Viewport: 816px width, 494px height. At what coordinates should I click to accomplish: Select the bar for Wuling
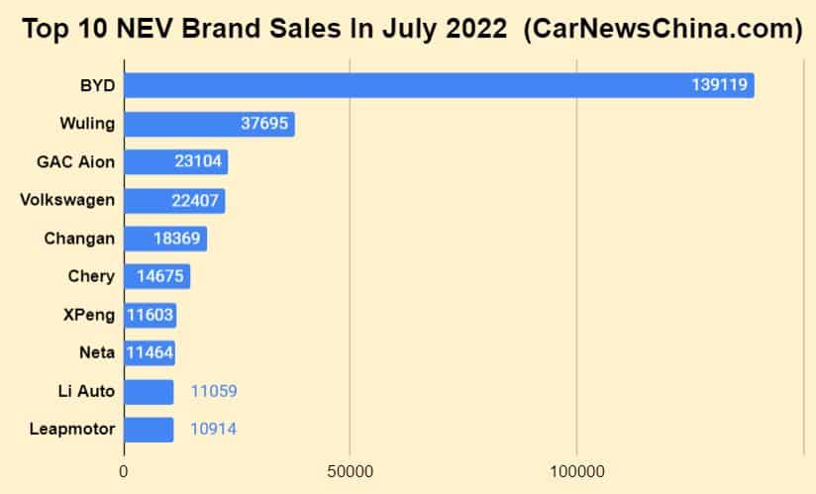209,124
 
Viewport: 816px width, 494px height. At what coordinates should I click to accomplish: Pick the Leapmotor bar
149,430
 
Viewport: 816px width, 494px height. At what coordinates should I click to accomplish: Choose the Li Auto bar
149,391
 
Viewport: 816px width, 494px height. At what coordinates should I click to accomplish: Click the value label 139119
719,85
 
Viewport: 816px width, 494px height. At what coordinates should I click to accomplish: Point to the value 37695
266,124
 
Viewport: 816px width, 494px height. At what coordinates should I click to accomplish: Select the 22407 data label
196,201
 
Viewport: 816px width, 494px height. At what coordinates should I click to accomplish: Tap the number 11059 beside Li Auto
214,391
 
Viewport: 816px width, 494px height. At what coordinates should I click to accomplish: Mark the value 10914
214,430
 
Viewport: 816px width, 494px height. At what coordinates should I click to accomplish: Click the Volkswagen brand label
67,200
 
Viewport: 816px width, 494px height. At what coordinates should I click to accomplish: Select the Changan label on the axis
79,239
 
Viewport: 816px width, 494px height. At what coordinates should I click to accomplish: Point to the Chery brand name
91,276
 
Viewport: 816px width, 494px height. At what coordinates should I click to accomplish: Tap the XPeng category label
88,315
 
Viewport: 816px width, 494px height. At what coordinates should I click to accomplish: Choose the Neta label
96,352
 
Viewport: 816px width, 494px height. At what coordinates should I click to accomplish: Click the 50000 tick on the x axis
350,473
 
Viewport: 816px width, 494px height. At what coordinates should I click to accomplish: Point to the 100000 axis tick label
576,473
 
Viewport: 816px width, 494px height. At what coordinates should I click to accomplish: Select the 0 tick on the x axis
124,473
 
